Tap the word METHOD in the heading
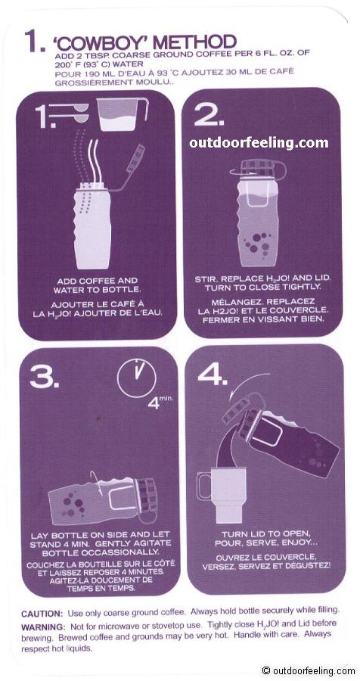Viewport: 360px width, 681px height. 194,42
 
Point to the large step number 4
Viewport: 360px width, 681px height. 213,374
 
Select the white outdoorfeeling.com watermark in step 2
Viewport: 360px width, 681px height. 259,143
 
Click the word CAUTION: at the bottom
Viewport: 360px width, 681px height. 42,614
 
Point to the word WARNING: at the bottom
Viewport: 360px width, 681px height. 43,627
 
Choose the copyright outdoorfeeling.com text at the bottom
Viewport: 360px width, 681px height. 309,670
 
